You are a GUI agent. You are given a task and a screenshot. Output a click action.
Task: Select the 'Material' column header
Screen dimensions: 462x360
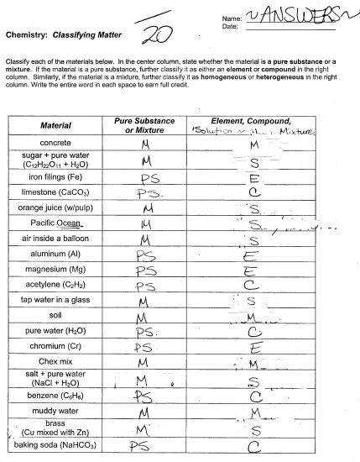tap(56, 126)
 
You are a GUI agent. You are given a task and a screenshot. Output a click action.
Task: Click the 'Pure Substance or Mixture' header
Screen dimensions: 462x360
tap(143, 126)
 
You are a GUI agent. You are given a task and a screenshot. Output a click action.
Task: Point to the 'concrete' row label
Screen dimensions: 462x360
tap(56, 144)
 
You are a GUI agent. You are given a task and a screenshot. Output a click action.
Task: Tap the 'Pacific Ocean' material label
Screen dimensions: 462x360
tap(55, 223)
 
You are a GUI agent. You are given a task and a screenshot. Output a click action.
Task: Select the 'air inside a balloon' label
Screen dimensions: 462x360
tap(56, 239)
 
